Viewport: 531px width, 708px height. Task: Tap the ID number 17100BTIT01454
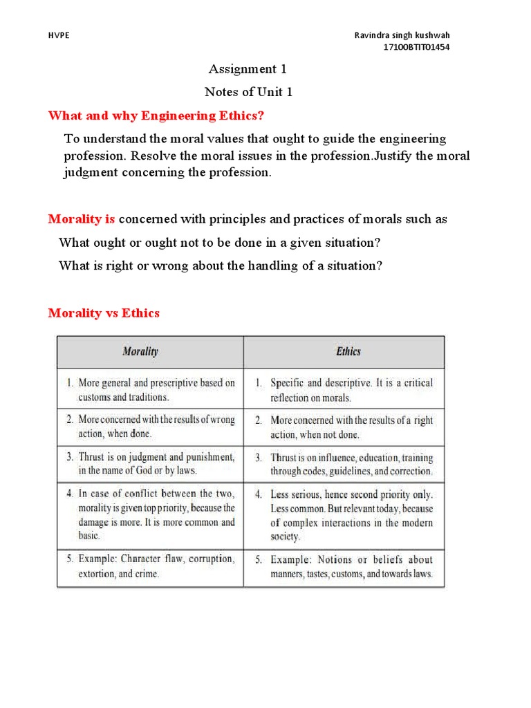(x=420, y=47)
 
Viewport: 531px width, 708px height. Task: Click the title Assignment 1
(x=247, y=68)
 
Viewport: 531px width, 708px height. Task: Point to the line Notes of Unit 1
(x=248, y=92)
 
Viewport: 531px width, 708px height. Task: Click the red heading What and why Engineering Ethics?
(x=156, y=114)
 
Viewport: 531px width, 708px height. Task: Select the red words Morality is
(x=82, y=219)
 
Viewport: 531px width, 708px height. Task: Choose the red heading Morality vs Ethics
(x=104, y=313)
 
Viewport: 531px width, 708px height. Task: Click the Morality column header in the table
(x=140, y=351)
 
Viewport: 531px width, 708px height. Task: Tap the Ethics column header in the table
(x=348, y=351)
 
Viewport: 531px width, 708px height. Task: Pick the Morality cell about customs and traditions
(x=150, y=389)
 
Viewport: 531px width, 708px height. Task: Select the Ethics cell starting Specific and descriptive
(x=344, y=389)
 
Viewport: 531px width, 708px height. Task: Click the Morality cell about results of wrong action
(x=150, y=427)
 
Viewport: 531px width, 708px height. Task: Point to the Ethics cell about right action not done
(x=344, y=427)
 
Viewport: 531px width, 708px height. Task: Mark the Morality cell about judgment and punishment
(x=150, y=463)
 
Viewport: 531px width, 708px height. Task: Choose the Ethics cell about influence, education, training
(x=344, y=463)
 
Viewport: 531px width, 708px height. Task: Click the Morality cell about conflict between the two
(x=150, y=514)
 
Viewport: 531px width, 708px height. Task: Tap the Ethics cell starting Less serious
(x=344, y=514)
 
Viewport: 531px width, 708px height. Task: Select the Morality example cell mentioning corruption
(x=150, y=566)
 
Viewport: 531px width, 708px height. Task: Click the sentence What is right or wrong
(x=221, y=265)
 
